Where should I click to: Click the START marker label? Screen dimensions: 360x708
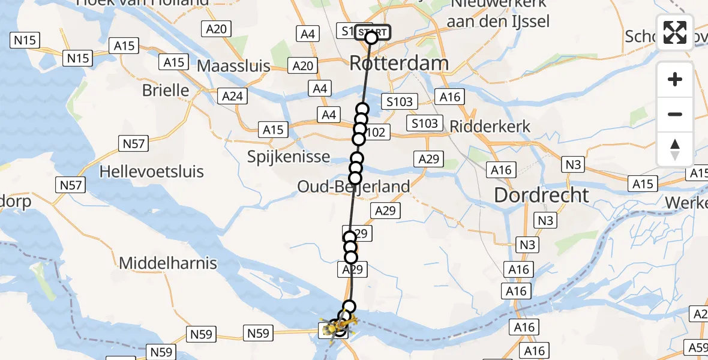pyautogui.click(x=373, y=31)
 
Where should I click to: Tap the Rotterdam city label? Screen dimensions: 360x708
pyautogui.click(x=398, y=63)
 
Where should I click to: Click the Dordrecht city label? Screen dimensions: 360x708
pyautogui.click(x=541, y=195)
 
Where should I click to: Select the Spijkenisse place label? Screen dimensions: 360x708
pyautogui.click(x=289, y=157)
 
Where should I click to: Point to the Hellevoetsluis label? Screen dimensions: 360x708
pyautogui.click(x=151, y=172)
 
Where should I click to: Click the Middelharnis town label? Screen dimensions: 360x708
pyautogui.click(x=168, y=263)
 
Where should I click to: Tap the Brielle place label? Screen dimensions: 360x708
pyautogui.click(x=166, y=91)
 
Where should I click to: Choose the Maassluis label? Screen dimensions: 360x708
pyautogui.click(x=233, y=65)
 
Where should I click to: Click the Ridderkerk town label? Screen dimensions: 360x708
pyautogui.click(x=490, y=127)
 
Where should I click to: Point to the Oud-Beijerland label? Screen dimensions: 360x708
pyautogui.click(x=354, y=187)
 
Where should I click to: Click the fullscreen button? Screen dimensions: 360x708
pyautogui.click(x=675, y=32)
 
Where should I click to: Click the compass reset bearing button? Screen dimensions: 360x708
pyautogui.click(x=675, y=149)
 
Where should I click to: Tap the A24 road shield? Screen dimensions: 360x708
pyautogui.click(x=232, y=96)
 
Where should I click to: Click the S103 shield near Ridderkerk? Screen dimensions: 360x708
pyautogui.click(x=424, y=124)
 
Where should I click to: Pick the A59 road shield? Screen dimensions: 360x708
pyautogui.click(x=697, y=347)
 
